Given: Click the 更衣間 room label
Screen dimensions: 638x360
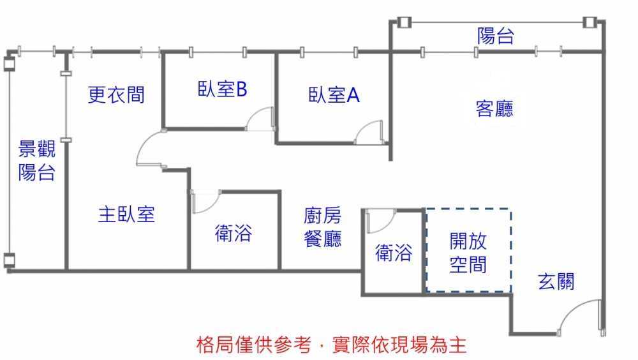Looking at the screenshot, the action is pyautogui.click(x=116, y=94).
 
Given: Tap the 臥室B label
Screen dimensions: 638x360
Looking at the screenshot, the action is pyautogui.click(x=222, y=89).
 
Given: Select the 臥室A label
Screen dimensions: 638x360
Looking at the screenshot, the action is pyautogui.click(x=334, y=95).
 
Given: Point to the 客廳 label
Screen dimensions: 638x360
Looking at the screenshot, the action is pyautogui.click(x=494, y=109).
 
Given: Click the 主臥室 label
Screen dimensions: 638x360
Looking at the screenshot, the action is pyautogui.click(x=126, y=214).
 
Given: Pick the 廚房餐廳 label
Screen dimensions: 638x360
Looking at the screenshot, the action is pyautogui.click(x=323, y=227).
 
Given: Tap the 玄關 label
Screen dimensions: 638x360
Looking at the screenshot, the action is pyautogui.click(x=556, y=281).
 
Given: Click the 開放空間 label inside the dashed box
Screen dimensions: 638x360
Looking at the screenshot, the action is pyautogui.click(x=468, y=253).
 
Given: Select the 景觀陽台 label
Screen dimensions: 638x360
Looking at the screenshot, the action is pyautogui.click(x=36, y=160).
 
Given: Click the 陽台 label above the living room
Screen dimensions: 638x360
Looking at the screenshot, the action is pyautogui.click(x=496, y=36).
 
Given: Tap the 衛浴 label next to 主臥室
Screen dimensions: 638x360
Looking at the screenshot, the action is pyautogui.click(x=233, y=233).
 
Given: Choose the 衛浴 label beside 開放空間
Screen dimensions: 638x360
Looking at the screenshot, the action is pyautogui.click(x=394, y=253).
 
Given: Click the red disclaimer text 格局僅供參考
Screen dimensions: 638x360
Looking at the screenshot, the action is pyautogui.click(x=253, y=345).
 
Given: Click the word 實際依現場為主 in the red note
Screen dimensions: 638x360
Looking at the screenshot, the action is pyautogui.click(x=399, y=345).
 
